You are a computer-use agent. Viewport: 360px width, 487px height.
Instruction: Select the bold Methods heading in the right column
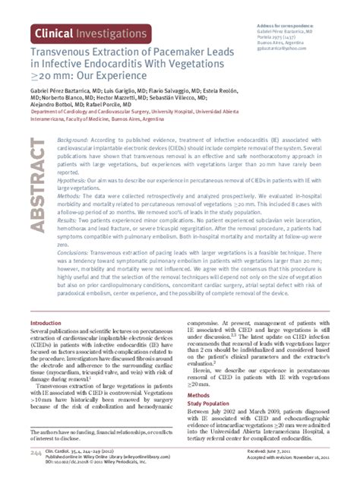[198, 396]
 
